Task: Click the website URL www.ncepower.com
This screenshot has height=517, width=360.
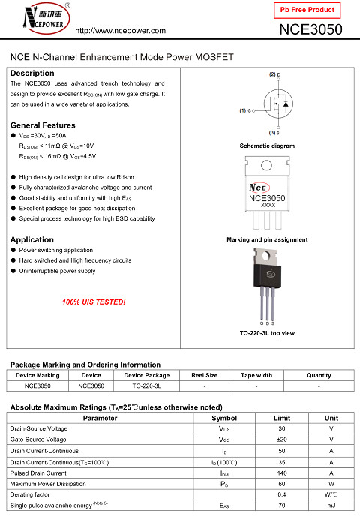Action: (121, 30)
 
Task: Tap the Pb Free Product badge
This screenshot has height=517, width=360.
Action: (307, 10)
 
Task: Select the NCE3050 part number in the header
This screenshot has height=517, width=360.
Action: (310, 29)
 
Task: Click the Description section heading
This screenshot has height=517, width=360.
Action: (32, 73)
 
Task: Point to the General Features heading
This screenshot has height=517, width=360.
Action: (43, 125)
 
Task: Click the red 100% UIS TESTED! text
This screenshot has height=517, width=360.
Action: (94, 302)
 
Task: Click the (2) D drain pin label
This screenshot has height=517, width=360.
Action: (274, 75)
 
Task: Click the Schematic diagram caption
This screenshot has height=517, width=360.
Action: (267, 146)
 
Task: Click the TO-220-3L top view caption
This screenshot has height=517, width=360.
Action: (267, 332)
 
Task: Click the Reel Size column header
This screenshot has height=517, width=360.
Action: (205, 375)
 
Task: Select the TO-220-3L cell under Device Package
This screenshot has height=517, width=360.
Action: (147, 386)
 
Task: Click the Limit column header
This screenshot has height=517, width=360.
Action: (281, 418)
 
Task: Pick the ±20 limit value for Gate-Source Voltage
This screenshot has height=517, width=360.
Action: (281, 439)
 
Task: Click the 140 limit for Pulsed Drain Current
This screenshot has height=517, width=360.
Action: (281, 473)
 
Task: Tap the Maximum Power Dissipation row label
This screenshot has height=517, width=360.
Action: (45, 484)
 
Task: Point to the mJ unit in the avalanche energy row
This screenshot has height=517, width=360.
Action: (331, 506)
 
